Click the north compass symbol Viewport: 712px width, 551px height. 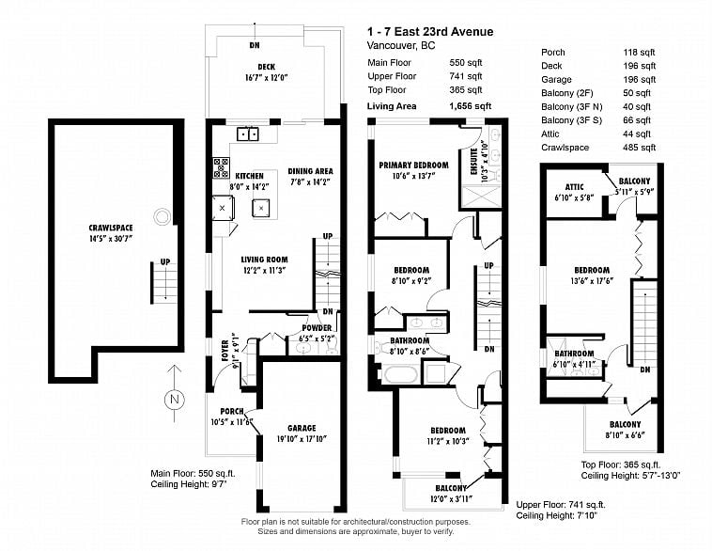(x=173, y=400)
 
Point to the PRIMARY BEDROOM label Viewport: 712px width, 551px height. (x=413, y=165)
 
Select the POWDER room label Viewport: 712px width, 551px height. (x=315, y=328)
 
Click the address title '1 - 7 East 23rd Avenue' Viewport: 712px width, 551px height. (x=429, y=32)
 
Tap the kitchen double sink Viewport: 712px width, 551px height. (x=248, y=134)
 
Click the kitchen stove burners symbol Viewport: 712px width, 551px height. (x=223, y=168)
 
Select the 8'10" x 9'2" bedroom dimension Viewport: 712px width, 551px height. (x=411, y=280)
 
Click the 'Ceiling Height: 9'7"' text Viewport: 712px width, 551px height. (x=188, y=484)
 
